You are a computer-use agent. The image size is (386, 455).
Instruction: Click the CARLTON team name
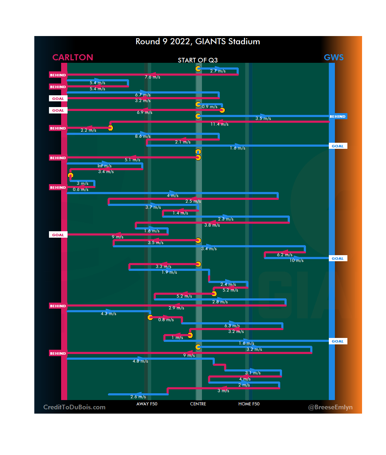point(73,57)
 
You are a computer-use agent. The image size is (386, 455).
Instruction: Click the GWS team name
point(333,57)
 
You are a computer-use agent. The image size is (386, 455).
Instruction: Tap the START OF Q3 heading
point(198,60)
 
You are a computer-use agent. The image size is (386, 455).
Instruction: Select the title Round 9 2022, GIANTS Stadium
point(198,41)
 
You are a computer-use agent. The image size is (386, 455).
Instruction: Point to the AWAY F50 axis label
point(147,404)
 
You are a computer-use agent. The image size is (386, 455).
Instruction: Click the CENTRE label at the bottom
point(198,404)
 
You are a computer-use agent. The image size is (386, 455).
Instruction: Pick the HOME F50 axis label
point(249,404)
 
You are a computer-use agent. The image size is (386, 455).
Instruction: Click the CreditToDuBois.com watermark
point(74,407)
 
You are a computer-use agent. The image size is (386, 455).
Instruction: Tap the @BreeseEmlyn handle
point(330,407)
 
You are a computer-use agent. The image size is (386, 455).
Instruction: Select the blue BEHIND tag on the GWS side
point(337,116)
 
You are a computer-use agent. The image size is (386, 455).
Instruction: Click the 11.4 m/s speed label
point(219,124)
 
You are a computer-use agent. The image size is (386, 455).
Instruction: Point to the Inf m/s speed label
point(104,166)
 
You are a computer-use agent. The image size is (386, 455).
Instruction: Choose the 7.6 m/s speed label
point(152,77)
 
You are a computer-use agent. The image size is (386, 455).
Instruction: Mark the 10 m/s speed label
point(296,261)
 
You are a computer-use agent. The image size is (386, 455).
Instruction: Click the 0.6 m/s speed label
point(80,189)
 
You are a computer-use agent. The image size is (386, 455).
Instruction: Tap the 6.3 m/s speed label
point(232,326)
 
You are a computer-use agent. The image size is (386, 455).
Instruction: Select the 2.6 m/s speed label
point(138,397)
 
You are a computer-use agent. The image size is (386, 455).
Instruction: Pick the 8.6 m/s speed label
point(143,136)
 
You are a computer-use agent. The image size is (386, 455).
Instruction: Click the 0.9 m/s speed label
point(209,107)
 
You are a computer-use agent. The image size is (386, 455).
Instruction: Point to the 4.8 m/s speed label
point(140,361)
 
